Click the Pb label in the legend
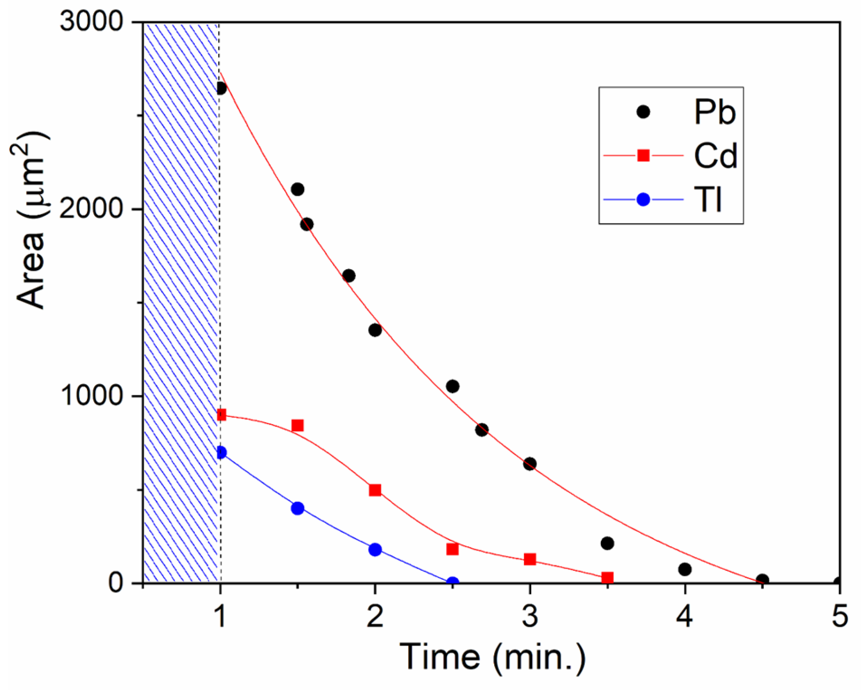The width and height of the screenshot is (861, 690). click(714, 112)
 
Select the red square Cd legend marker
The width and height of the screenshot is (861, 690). click(643, 155)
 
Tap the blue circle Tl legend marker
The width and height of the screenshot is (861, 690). click(643, 199)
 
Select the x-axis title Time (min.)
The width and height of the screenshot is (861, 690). click(492, 657)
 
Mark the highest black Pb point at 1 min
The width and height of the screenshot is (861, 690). click(221, 88)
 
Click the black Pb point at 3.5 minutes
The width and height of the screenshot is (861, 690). click(607, 543)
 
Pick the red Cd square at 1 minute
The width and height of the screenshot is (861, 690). click(221, 415)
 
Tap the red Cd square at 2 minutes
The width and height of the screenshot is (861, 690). click(375, 490)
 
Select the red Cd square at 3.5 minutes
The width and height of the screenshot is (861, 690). click(607, 577)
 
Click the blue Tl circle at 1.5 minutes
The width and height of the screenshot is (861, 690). click(298, 508)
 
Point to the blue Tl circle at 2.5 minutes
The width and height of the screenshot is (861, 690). click(452, 582)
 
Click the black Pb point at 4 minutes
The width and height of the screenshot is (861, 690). click(685, 569)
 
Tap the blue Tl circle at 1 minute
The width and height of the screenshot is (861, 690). click(221, 452)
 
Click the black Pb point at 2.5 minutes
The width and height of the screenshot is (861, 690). click(452, 386)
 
